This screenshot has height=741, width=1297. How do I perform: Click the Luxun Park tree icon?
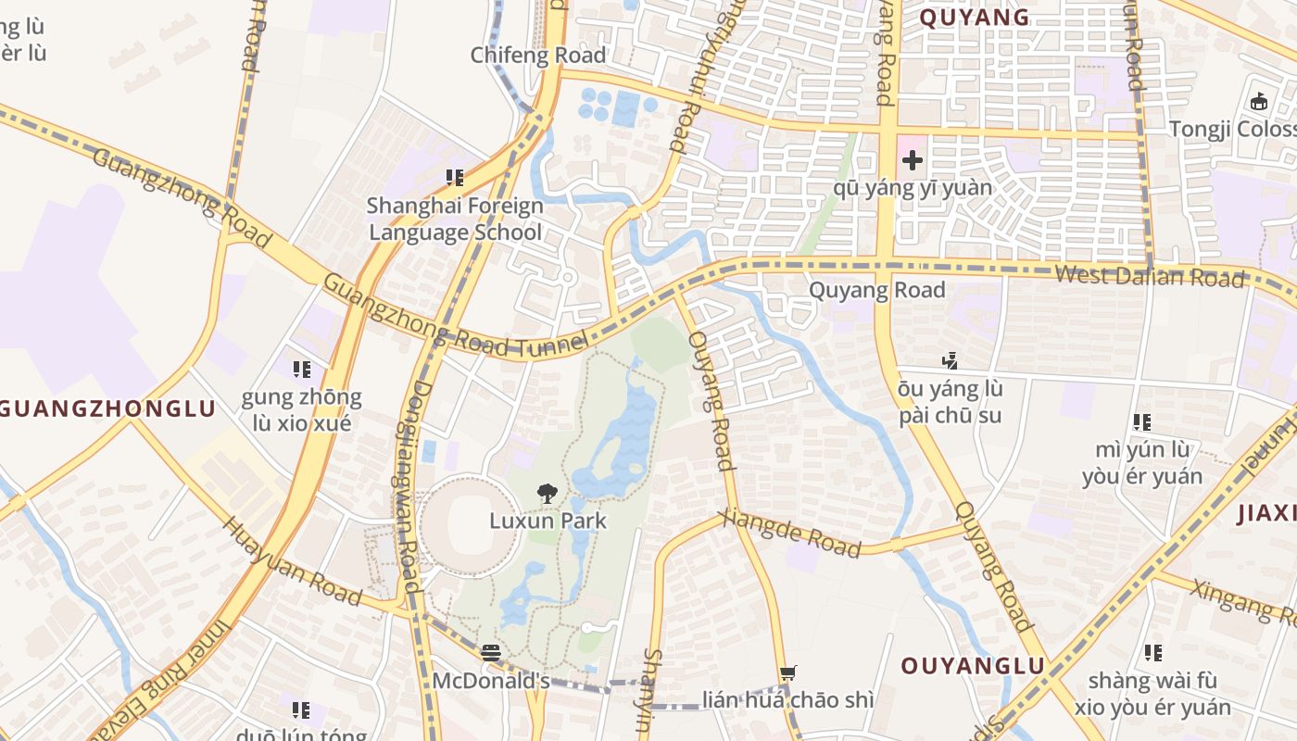pyautogui.click(x=548, y=494)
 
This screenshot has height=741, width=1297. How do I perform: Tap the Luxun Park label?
pyautogui.click(x=548, y=521)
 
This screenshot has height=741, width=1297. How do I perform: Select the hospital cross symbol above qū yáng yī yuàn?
pyautogui.click(x=913, y=160)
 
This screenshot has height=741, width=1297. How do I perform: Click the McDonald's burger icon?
pyautogui.click(x=491, y=653)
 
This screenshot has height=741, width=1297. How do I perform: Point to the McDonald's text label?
pyautogui.click(x=491, y=681)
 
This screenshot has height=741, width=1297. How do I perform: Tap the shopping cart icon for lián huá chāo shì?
pyautogui.click(x=787, y=673)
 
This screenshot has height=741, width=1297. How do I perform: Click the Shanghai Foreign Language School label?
pyautogui.click(x=454, y=219)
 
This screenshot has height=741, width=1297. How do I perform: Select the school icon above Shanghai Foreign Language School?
pyautogui.click(x=454, y=177)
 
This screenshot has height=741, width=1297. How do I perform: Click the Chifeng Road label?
pyautogui.click(x=538, y=56)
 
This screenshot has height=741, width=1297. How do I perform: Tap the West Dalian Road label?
pyautogui.click(x=1149, y=276)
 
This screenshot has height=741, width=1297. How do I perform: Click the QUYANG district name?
pyautogui.click(x=974, y=17)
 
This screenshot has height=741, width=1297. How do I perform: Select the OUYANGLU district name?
pyautogui.click(x=973, y=665)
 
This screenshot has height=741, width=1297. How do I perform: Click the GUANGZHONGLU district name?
pyautogui.click(x=107, y=408)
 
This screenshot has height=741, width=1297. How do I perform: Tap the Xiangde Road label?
pyautogui.click(x=789, y=533)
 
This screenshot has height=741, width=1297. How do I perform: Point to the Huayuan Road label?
pyautogui.click(x=291, y=561)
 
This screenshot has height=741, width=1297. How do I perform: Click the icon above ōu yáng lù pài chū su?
pyautogui.click(x=950, y=360)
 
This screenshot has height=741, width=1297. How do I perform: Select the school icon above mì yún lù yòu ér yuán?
pyautogui.click(x=1142, y=422)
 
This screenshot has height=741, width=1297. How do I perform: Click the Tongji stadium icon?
pyautogui.click(x=1259, y=101)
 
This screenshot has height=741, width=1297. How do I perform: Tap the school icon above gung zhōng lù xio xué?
pyautogui.click(x=301, y=370)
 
